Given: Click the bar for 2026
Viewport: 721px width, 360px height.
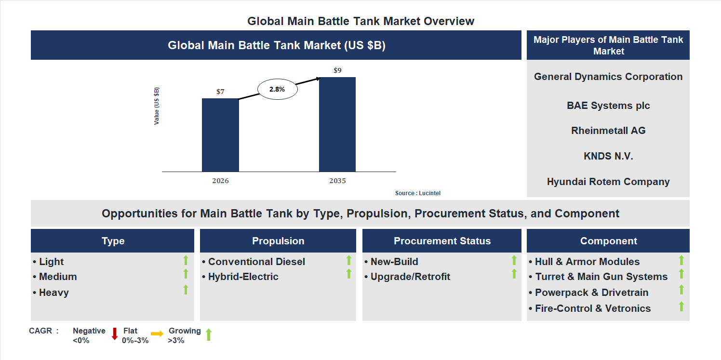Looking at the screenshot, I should (x=220, y=135).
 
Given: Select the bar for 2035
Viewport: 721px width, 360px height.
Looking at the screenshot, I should (x=337, y=124).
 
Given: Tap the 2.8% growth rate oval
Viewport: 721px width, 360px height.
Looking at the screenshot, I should (x=277, y=89).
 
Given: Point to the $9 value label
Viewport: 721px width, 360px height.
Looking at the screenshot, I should (x=337, y=70).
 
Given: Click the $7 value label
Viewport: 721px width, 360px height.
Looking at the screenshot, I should (x=220, y=92).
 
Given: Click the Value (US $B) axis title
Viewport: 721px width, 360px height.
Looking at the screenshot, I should (x=157, y=106).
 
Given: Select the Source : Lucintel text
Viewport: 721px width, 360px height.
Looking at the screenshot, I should (x=418, y=193).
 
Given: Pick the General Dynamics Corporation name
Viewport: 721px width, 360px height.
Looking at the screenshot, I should (x=608, y=77).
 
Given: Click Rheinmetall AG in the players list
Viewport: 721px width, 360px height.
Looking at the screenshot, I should (x=608, y=131).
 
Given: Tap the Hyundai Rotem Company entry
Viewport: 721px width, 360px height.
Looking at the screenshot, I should (x=608, y=182).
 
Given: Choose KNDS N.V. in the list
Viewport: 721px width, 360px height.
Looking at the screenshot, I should (x=608, y=156).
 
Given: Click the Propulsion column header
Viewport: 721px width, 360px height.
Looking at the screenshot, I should (x=278, y=241).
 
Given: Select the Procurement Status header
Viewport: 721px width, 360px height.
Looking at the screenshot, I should (x=442, y=241).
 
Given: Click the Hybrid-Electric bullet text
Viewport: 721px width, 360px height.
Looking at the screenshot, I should (x=243, y=277).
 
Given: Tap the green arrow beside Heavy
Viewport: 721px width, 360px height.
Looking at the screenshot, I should (x=186, y=290).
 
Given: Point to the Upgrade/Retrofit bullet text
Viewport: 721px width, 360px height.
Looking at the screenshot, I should (x=410, y=277).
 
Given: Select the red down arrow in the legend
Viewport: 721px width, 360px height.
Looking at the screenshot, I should (x=115, y=333).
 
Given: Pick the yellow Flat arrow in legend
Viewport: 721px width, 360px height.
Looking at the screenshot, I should (x=157, y=333).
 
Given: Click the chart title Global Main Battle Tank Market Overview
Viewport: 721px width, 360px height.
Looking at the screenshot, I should (x=360, y=21).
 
